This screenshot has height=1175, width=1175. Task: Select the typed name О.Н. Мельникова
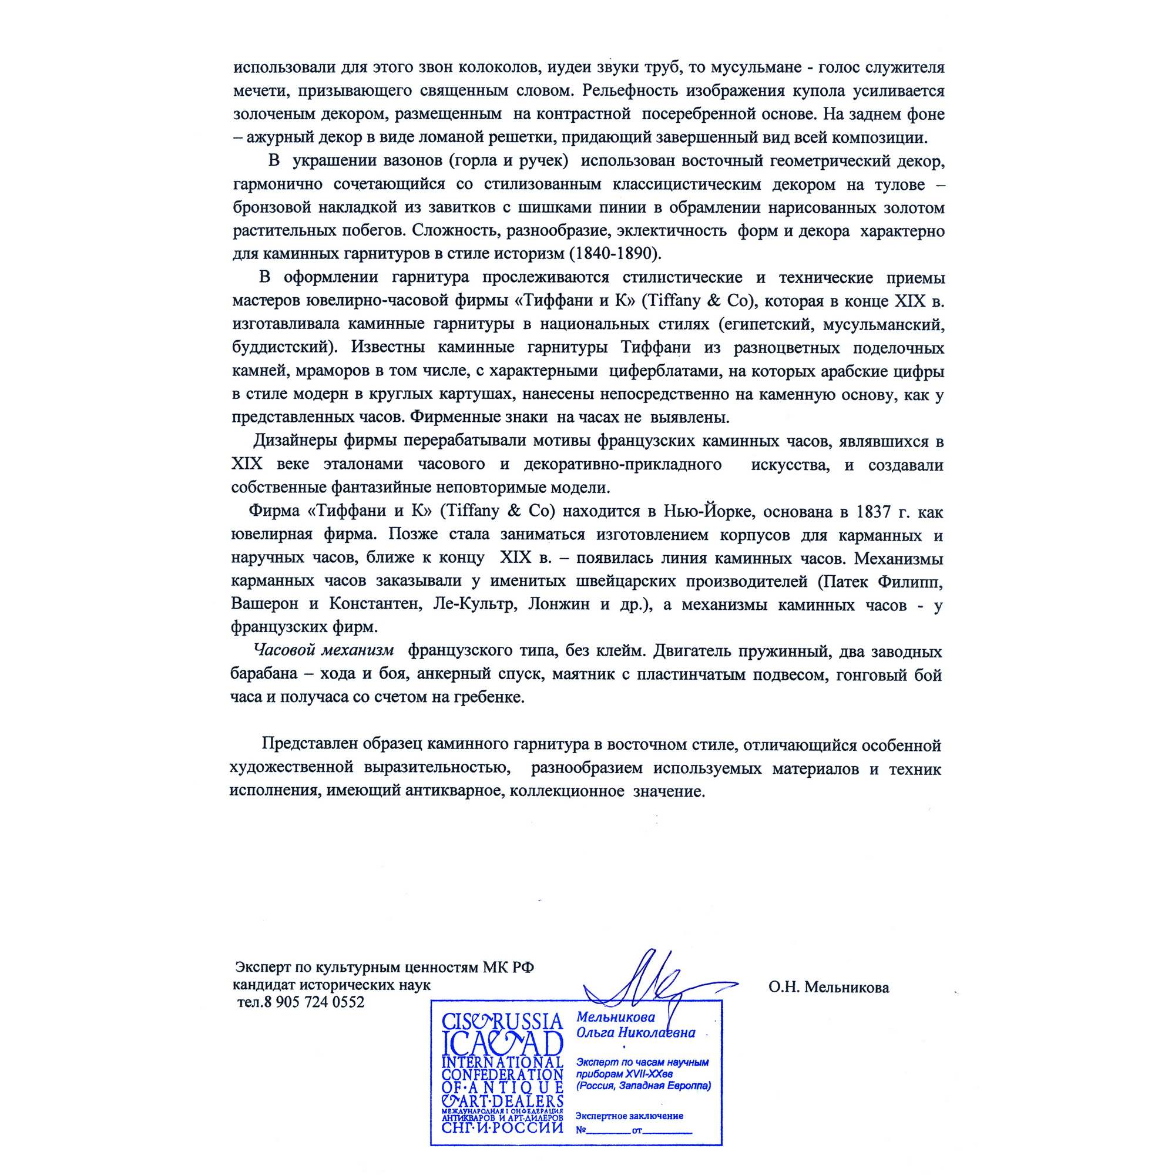coord(828,988)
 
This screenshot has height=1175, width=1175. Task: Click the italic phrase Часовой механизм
coord(324,652)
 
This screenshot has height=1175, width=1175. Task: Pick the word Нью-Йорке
coord(709,512)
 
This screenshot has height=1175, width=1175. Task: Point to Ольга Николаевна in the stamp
coord(636,1033)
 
